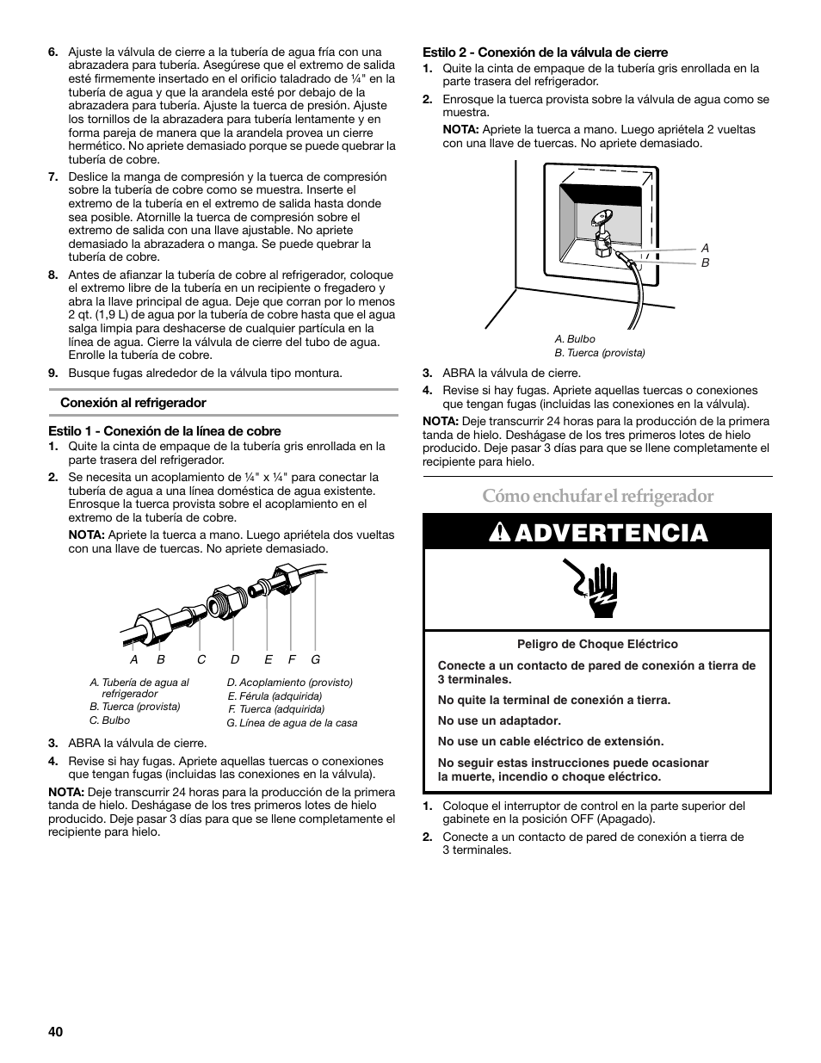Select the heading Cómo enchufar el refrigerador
(x=597, y=496)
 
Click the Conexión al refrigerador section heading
(x=133, y=402)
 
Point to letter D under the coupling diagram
(x=234, y=659)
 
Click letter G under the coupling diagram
(x=316, y=659)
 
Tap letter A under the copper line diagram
(x=134, y=659)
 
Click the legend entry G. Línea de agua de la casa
(x=292, y=723)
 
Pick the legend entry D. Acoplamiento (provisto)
(x=290, y=682)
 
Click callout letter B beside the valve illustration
(x=706, y=263)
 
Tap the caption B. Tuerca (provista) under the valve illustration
(x=600, y=353)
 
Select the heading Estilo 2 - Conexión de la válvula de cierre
(x=545, y=52)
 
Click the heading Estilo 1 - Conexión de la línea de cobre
(x=164, y=430)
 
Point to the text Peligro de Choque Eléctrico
(x=597, y=644)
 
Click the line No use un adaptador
(x=499, y=720)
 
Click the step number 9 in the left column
(x=52, y=373)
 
